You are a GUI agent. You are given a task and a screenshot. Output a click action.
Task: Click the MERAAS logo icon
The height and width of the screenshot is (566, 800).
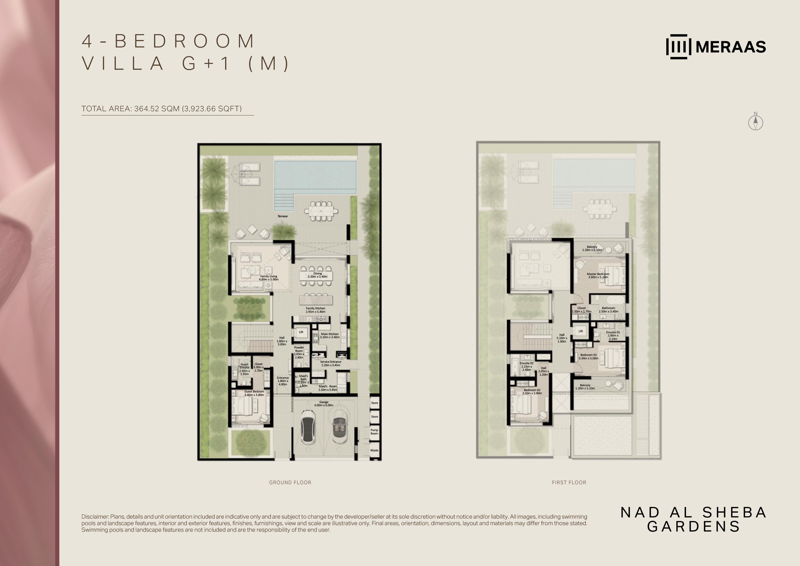(678, 46)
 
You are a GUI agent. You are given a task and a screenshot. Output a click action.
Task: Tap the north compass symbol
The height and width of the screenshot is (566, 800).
(755, 122)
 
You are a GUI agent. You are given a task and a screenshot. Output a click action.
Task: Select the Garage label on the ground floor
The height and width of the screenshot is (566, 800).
(324, 404)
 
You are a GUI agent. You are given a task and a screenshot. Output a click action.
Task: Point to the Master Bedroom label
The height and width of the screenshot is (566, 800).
(598, 275)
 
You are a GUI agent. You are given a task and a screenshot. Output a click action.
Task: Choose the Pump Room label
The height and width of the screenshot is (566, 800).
(374, 432)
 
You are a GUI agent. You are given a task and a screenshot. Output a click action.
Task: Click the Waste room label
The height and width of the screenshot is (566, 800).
(374, 450)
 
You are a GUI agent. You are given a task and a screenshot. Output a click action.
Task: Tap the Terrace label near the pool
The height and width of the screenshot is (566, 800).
(283, 216)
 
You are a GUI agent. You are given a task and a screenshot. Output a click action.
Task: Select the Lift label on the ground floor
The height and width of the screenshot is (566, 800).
(301, 332)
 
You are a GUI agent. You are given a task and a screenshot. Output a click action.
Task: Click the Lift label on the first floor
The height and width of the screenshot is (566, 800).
(581, 331)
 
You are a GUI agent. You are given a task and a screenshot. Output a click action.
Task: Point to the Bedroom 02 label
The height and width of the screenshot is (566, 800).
(532, 392)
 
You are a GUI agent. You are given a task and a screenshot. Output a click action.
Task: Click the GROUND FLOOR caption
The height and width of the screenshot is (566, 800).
(290, 482)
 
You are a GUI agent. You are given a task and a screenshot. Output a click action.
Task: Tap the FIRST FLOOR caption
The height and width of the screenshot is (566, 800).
(569, 482)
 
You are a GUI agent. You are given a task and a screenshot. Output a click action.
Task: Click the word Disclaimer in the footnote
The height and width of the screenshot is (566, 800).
(95, 517)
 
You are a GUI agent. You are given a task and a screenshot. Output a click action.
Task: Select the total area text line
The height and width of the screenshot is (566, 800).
(161, 108)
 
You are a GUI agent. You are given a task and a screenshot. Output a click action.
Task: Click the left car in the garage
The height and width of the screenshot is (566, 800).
(308, 427)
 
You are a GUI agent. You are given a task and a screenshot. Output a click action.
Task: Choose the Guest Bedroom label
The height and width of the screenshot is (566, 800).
(254, 393)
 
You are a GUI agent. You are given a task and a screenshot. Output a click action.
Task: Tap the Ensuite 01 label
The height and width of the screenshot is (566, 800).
(613, 335)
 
